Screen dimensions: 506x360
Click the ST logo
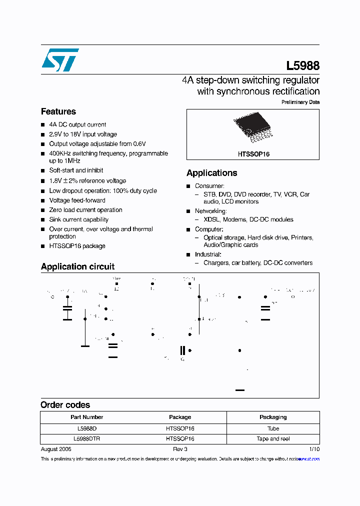click(x=60, y=60)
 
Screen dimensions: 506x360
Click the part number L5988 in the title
click(x=302, y=65)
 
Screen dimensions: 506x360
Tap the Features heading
click(x=58, y=111)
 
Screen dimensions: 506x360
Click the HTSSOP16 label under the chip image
click(x=253, y=154)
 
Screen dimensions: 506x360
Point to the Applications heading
click(x=211, y=173)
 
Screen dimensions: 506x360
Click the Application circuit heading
click(x=77, y=266)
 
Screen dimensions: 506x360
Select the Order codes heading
click(x=65, y=405)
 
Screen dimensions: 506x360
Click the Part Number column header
click(x=87, y=417)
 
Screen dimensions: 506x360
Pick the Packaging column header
click(x=273, y=417)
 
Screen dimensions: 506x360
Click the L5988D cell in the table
click(x=87, y=428)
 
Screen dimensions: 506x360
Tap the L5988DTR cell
click(x=87, y=438)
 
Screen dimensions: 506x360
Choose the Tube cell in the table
click(x=273, y=428)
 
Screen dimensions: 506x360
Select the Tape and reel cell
click(x=273, y=438)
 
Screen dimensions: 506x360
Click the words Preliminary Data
click(x=300, y=102)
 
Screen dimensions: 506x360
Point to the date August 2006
click(x=56, y=449)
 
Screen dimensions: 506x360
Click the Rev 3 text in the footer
click(x=180, y=449)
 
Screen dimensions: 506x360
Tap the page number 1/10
click(x=314, y=449)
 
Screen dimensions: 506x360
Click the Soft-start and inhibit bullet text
click(x=76, y=170)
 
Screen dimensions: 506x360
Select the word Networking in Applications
click(x=210, y=211)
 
